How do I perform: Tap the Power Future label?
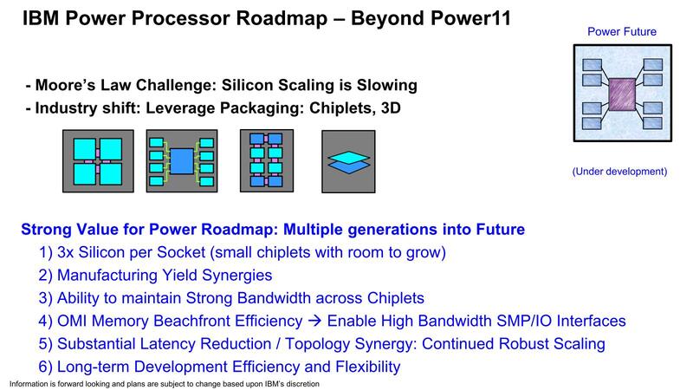(621, 32)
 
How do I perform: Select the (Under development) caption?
(619, 172)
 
